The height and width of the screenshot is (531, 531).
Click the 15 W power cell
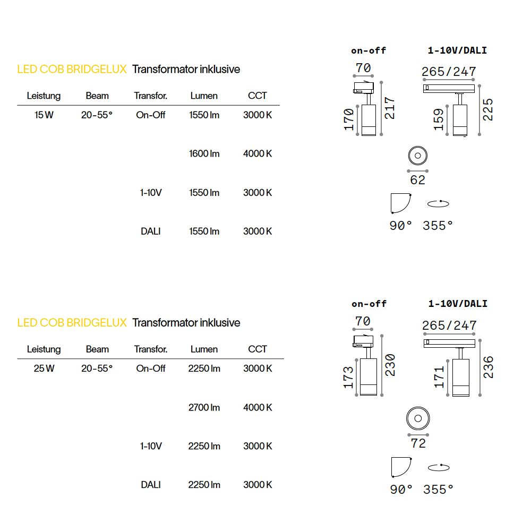44,115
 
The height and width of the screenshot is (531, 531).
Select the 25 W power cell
44,369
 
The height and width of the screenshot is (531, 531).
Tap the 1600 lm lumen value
204,154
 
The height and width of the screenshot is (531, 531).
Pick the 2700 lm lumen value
204,407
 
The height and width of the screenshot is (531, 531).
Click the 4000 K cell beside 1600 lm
258,154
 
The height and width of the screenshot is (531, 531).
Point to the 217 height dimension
390,108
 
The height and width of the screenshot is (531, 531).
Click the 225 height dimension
488,110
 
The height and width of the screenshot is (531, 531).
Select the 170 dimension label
349,119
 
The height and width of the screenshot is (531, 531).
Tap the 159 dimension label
439,119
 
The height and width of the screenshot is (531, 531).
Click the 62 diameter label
417,180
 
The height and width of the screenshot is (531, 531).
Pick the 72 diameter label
418,443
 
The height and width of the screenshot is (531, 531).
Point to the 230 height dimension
390,365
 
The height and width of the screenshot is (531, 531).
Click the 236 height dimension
489,367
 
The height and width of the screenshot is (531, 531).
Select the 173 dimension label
348,377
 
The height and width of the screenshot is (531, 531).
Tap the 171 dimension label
439,377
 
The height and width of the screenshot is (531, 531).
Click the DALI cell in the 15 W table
151,232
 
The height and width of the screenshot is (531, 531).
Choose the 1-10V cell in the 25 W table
151,446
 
